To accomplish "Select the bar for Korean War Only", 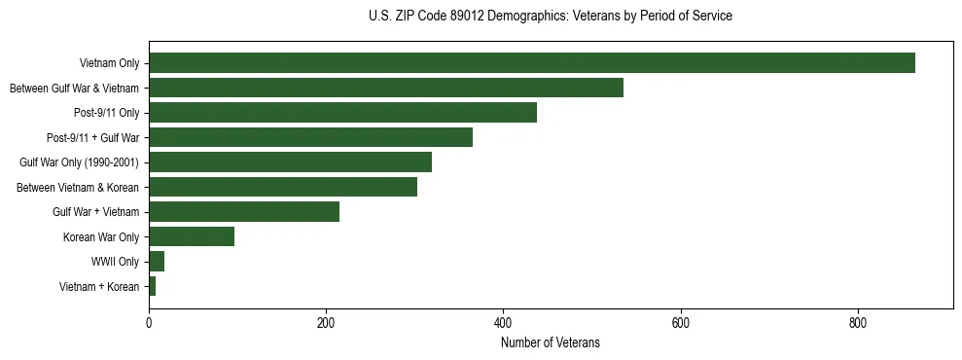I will (192, 236).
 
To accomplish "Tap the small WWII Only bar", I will (157, 262).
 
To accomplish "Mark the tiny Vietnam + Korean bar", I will (153, 286).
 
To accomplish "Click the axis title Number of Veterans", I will (550, 342).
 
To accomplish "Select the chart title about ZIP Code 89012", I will (550, 17).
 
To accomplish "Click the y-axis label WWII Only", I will (115, 262).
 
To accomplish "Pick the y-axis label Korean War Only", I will (101, 236).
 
